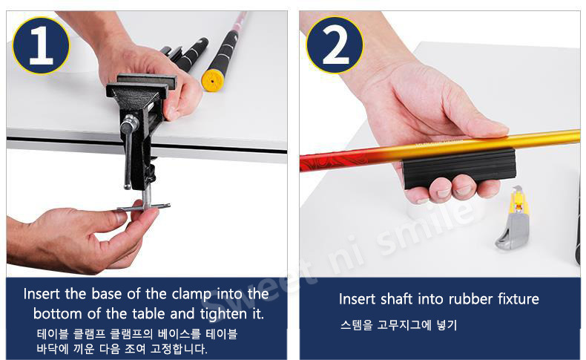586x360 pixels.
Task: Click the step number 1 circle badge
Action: point(41,45)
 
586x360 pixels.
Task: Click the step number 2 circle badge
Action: point(335,45)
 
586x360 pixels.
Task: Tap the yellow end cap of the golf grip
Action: point(213,80)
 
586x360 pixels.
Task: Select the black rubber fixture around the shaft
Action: point(459,168)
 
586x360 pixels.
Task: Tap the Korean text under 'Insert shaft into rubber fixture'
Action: point(398,325)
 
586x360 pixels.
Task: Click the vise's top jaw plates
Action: point(142,85)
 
